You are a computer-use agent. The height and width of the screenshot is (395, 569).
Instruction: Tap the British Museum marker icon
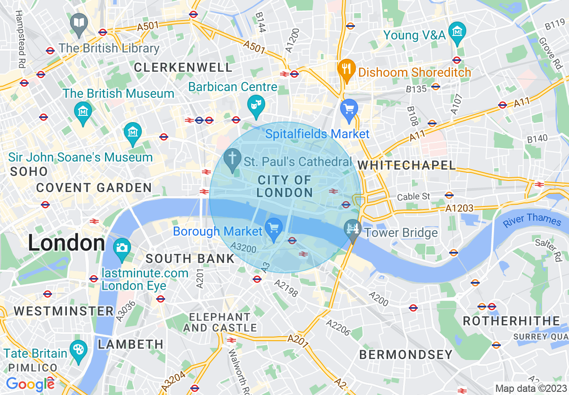point(83,110)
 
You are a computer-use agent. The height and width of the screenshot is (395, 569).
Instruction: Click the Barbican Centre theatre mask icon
point(256,105)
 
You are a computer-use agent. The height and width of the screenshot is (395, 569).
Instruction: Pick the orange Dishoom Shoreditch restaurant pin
point(346,69)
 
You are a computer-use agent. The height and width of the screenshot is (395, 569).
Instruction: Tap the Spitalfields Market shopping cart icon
point(349,109)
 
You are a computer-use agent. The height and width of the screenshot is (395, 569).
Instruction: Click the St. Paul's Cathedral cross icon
point(232,158)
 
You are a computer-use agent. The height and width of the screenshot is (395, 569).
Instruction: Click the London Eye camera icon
point(122,247)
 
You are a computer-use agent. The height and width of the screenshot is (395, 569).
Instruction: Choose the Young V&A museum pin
point(457,32)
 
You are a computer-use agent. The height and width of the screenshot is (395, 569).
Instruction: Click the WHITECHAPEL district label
point(407,166)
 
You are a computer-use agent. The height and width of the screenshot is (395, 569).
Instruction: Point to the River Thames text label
point(532,220)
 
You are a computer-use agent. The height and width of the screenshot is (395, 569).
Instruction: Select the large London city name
point(66,243)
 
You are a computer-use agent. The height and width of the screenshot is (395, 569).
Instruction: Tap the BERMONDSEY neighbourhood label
point(406,355)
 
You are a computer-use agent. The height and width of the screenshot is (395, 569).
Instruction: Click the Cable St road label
point(414,197)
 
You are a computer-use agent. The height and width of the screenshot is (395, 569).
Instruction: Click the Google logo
point(30,384)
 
